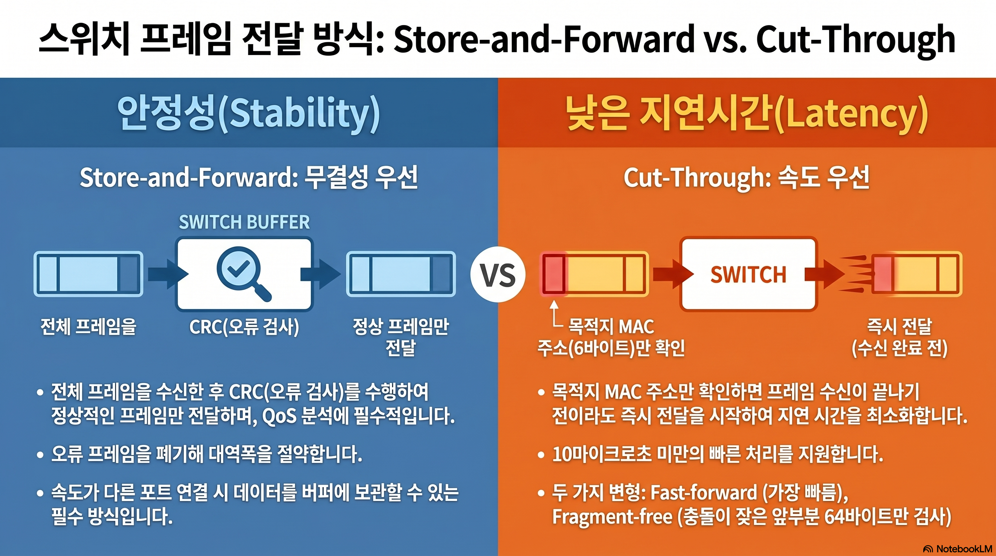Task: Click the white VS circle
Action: pos(498,274)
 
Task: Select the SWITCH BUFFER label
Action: pos(244,222)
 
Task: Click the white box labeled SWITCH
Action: pos(748,274)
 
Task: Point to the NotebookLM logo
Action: pos(957,549)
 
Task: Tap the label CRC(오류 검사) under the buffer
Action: pos(244,327)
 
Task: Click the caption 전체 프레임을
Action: pos(89,327)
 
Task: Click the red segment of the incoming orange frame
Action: pos(554,274)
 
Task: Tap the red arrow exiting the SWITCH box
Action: pos(825,274)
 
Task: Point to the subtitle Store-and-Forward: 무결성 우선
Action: pos(249,177)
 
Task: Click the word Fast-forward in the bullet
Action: pos(704,493)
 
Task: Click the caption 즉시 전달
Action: pos(899,327)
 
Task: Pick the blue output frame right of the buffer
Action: pos(401,274)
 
